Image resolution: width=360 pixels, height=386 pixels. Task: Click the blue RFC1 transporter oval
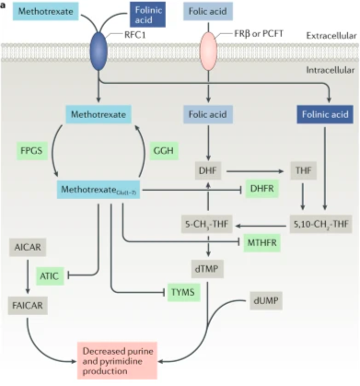tap(99, 51)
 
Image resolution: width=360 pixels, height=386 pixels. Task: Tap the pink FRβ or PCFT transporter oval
tap(208, 51)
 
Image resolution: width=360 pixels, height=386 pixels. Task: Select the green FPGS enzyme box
tap(32, 151)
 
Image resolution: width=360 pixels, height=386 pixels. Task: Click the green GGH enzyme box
tap(164, 151)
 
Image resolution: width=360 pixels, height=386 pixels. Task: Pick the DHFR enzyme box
tap(262, 189)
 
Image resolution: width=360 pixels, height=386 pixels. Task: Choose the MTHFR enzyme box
tap(262, 243)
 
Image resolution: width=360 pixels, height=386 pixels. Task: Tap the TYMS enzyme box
tap(183, 292)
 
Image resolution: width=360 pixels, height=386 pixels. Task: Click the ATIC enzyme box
tap(50, 276)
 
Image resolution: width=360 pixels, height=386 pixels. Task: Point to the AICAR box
tap(28, 247)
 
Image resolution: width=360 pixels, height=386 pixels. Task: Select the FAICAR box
tap(28, 306)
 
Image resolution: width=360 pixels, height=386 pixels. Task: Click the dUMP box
tap(266, 300)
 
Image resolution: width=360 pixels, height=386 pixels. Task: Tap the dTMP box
tap(207, 269)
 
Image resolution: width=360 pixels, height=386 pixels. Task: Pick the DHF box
tap(208, 170)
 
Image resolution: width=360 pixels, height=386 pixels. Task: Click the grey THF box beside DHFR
tap(304, 170)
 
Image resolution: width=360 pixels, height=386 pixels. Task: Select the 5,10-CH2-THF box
tap(321, 224)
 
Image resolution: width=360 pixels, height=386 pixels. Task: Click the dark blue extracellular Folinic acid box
tap(148, 15)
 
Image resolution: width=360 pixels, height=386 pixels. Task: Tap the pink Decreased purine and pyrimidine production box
tap(118, 361)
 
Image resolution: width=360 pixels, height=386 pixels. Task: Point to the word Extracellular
tap(331, 36)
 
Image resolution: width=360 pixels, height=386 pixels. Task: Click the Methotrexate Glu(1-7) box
tap(99, 190)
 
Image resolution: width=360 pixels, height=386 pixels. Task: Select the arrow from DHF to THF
tap(255, 171)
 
